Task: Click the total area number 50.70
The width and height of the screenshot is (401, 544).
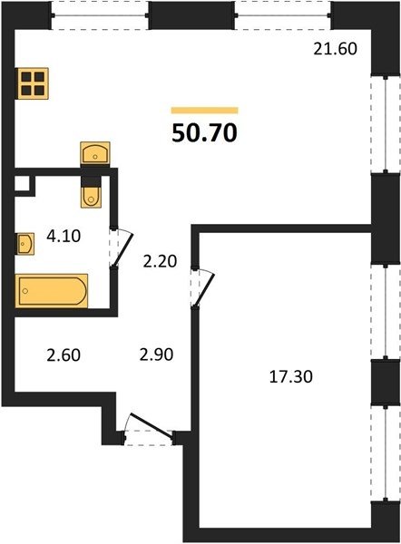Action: (204, 133)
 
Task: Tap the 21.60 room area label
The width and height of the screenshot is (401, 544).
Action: (335, 49)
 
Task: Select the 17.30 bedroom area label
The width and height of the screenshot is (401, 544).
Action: (291, 377)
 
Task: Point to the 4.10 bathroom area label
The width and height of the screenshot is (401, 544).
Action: (64, 236)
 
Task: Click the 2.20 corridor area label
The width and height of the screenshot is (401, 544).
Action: (160, 261)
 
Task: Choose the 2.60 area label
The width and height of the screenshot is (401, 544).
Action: (64, 355)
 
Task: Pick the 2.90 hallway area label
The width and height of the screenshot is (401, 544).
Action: (156, 355)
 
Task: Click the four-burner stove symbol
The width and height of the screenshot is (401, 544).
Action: (33, 83)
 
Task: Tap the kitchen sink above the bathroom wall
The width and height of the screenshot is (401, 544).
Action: (95, 153)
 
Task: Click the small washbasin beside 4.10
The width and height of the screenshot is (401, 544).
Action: (25, 244)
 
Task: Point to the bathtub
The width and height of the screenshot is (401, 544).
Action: (52, 291)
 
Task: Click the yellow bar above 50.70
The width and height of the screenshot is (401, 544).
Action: (204, 111)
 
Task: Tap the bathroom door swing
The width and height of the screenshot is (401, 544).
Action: (122, 247)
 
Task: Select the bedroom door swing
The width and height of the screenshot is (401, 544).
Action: (203, 287)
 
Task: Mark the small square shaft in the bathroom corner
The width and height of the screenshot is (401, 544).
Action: (22, 184)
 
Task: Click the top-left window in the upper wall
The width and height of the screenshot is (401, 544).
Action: (100, 15)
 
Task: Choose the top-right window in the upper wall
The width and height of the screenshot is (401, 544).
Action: (282, 15)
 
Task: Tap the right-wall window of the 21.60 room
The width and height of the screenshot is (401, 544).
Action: (386, 123)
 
